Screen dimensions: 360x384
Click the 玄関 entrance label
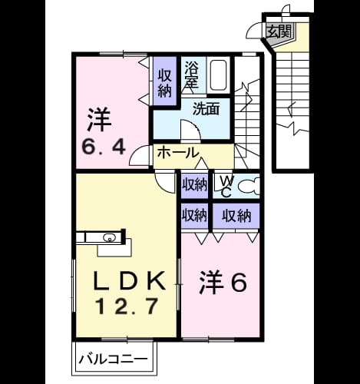point(279,31)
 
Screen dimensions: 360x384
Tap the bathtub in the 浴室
point(218,75)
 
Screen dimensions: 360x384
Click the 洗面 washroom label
point(206,109)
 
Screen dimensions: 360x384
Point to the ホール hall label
point(178,153)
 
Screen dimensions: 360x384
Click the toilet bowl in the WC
point(249,186)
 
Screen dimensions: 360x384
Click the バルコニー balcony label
point(113,359)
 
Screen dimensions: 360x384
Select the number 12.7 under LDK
point(126,306)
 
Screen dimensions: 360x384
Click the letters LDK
point(129,281)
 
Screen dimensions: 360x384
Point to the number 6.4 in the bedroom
point(104,147)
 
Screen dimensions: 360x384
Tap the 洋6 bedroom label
point(223,283)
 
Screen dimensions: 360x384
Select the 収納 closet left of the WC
point(194,184)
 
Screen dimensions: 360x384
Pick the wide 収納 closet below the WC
point(236,216)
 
